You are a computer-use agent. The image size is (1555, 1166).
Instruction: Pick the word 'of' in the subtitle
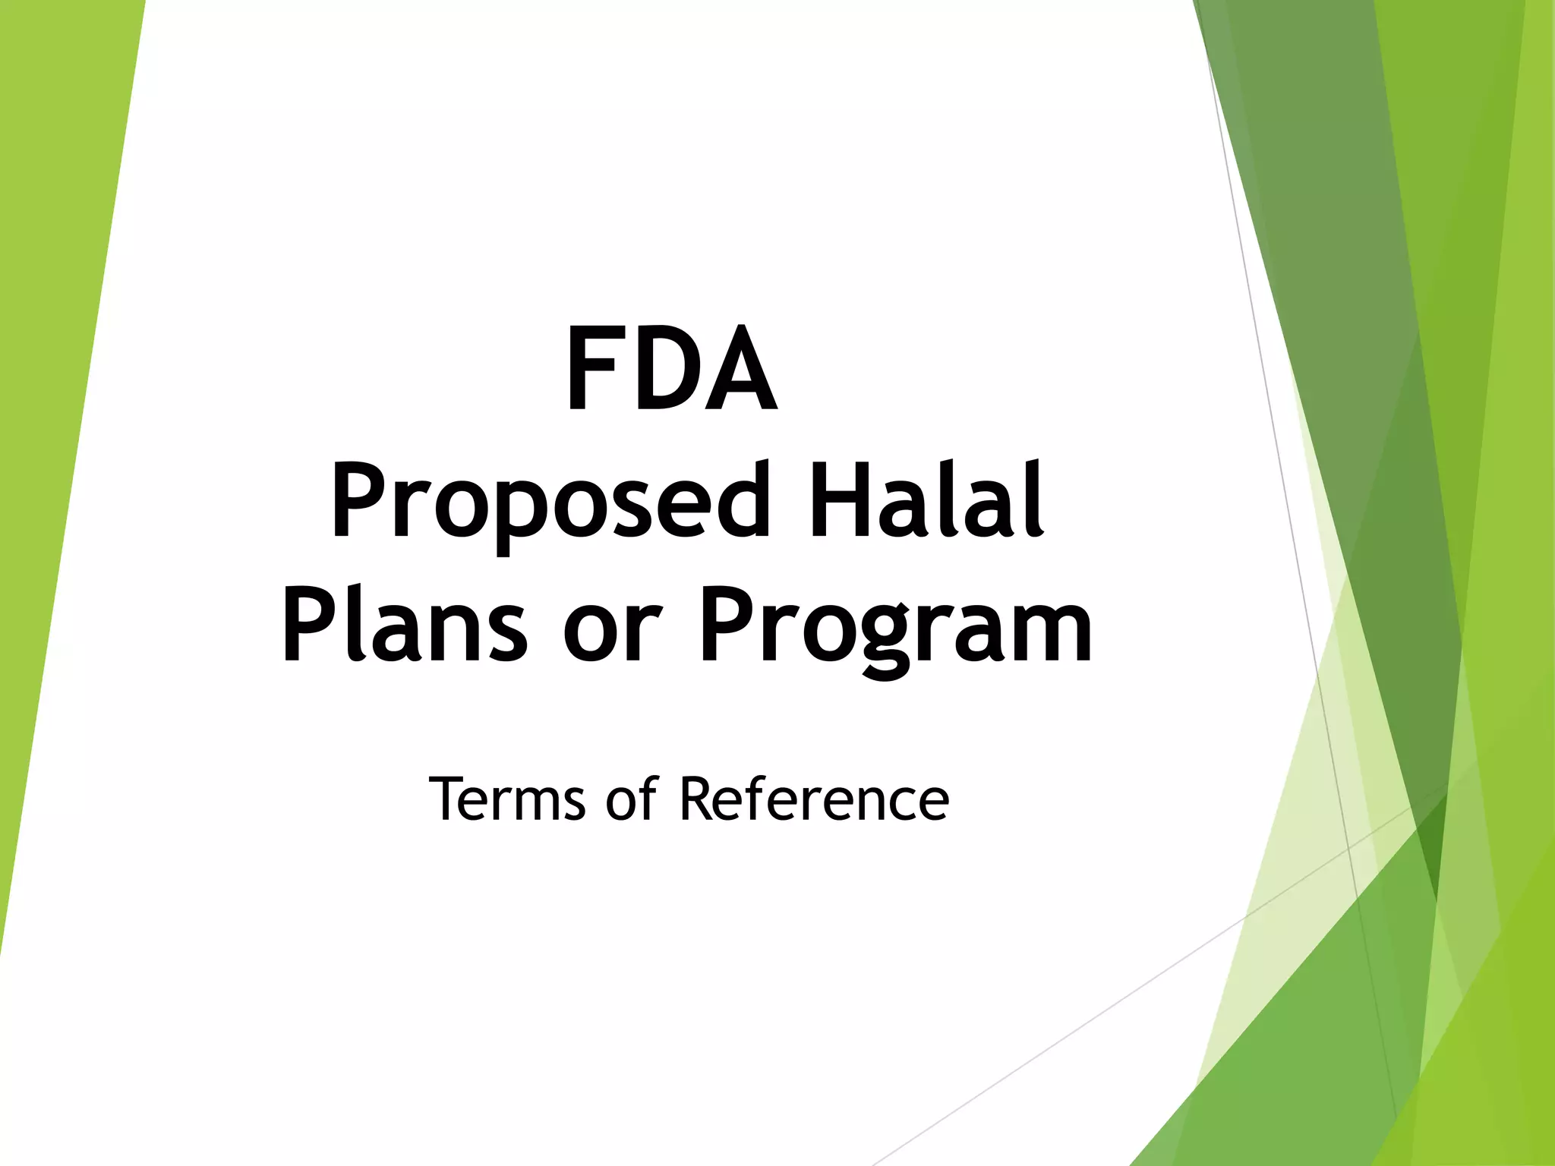pyautogui.click(x=631, y=799)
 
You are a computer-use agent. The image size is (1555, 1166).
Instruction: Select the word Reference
pyautogui.click(x=813, y=799)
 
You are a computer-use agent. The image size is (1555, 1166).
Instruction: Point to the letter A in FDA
pyautogui.click(x=740, y=369)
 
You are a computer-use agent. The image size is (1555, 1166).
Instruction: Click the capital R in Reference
pyautogui.click(x=697, y=799)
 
